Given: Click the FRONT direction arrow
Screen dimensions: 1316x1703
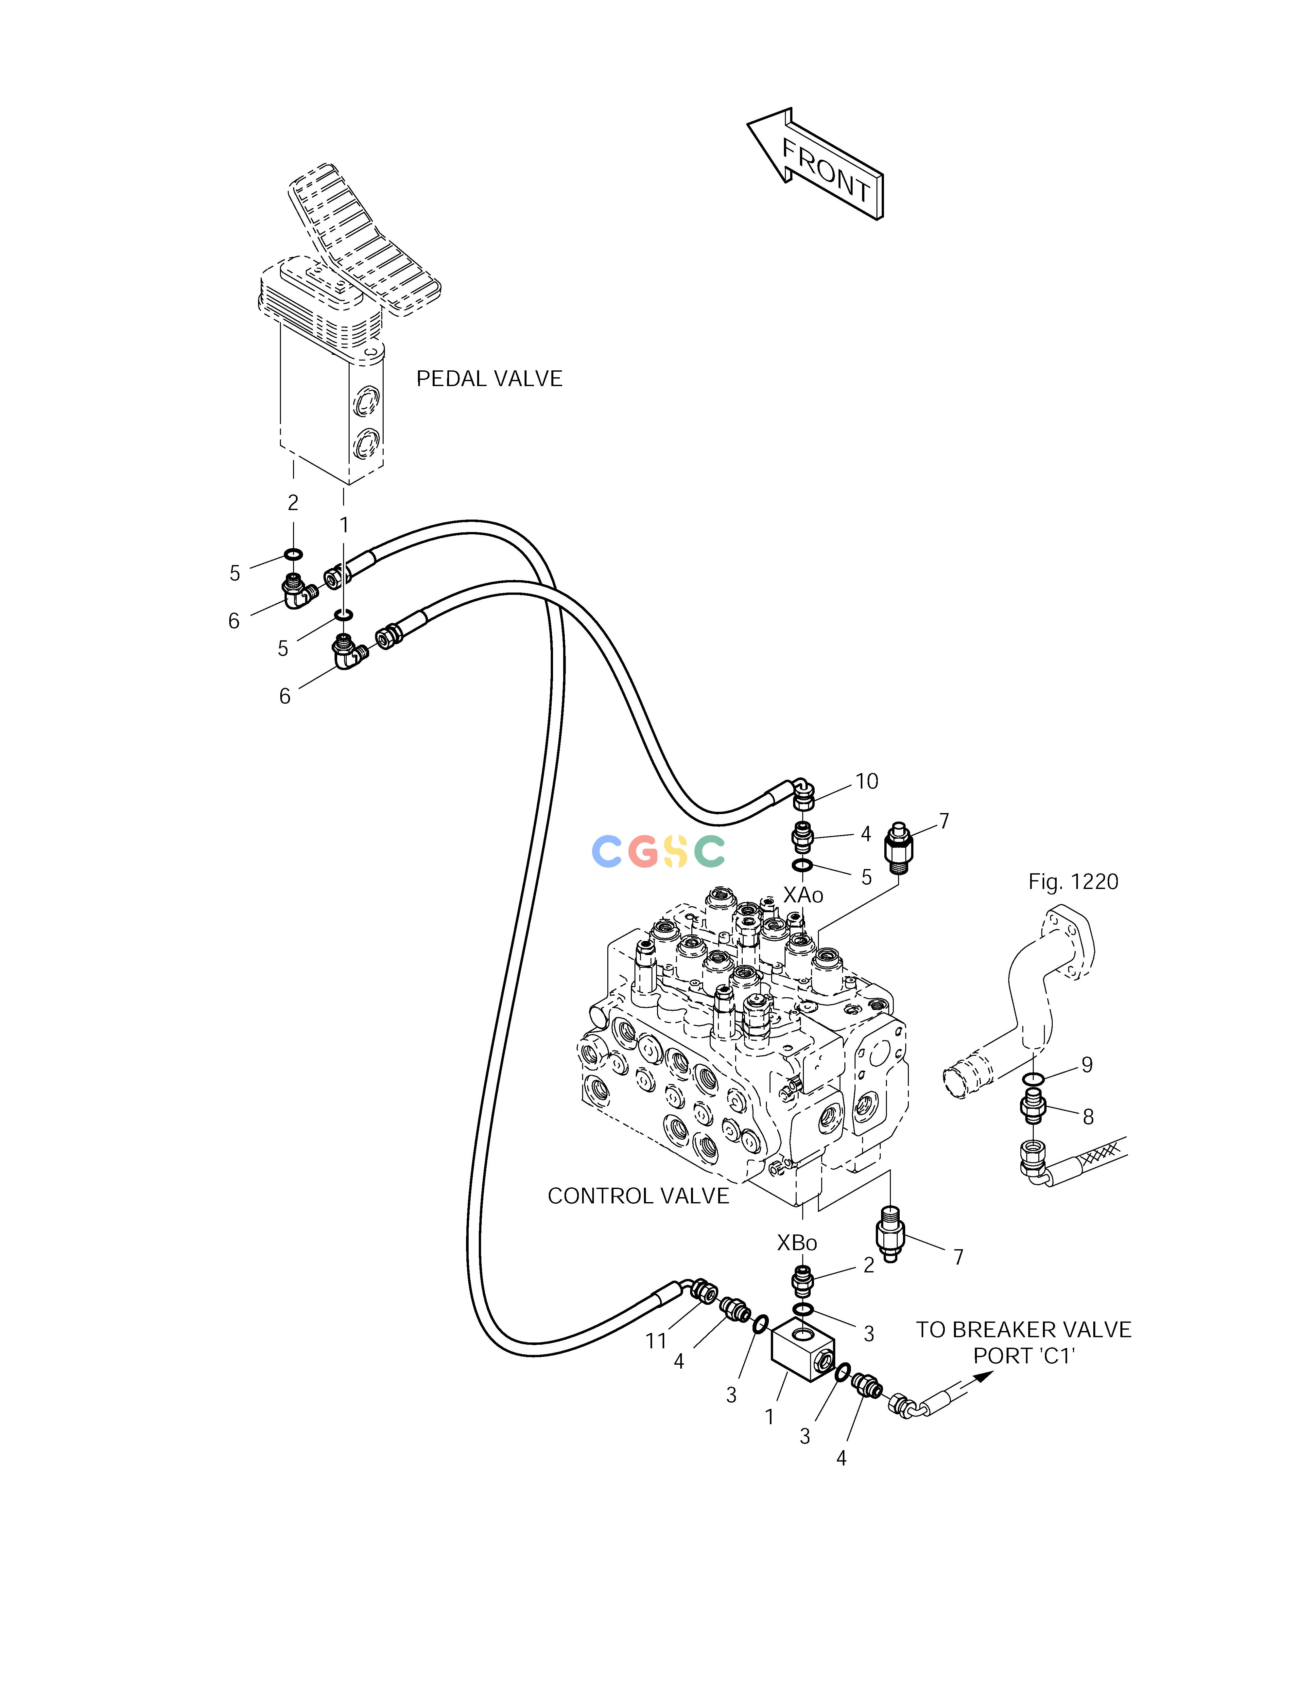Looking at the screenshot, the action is [x=815, y=164].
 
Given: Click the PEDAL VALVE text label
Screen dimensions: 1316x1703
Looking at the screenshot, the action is [x=489, y=379].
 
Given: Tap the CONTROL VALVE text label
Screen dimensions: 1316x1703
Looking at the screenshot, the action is [x=638, y=1196].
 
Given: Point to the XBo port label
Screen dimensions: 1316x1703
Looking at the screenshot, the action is [x=797, y=1243].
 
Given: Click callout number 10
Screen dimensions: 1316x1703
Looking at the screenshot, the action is [x=867, y=781].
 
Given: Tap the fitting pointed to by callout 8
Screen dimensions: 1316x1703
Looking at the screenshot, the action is [x=1033, y=1107].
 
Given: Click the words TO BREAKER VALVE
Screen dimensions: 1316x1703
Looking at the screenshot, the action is [x=1023, y=1329].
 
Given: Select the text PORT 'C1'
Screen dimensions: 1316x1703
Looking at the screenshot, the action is [x=1024, y=1356].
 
